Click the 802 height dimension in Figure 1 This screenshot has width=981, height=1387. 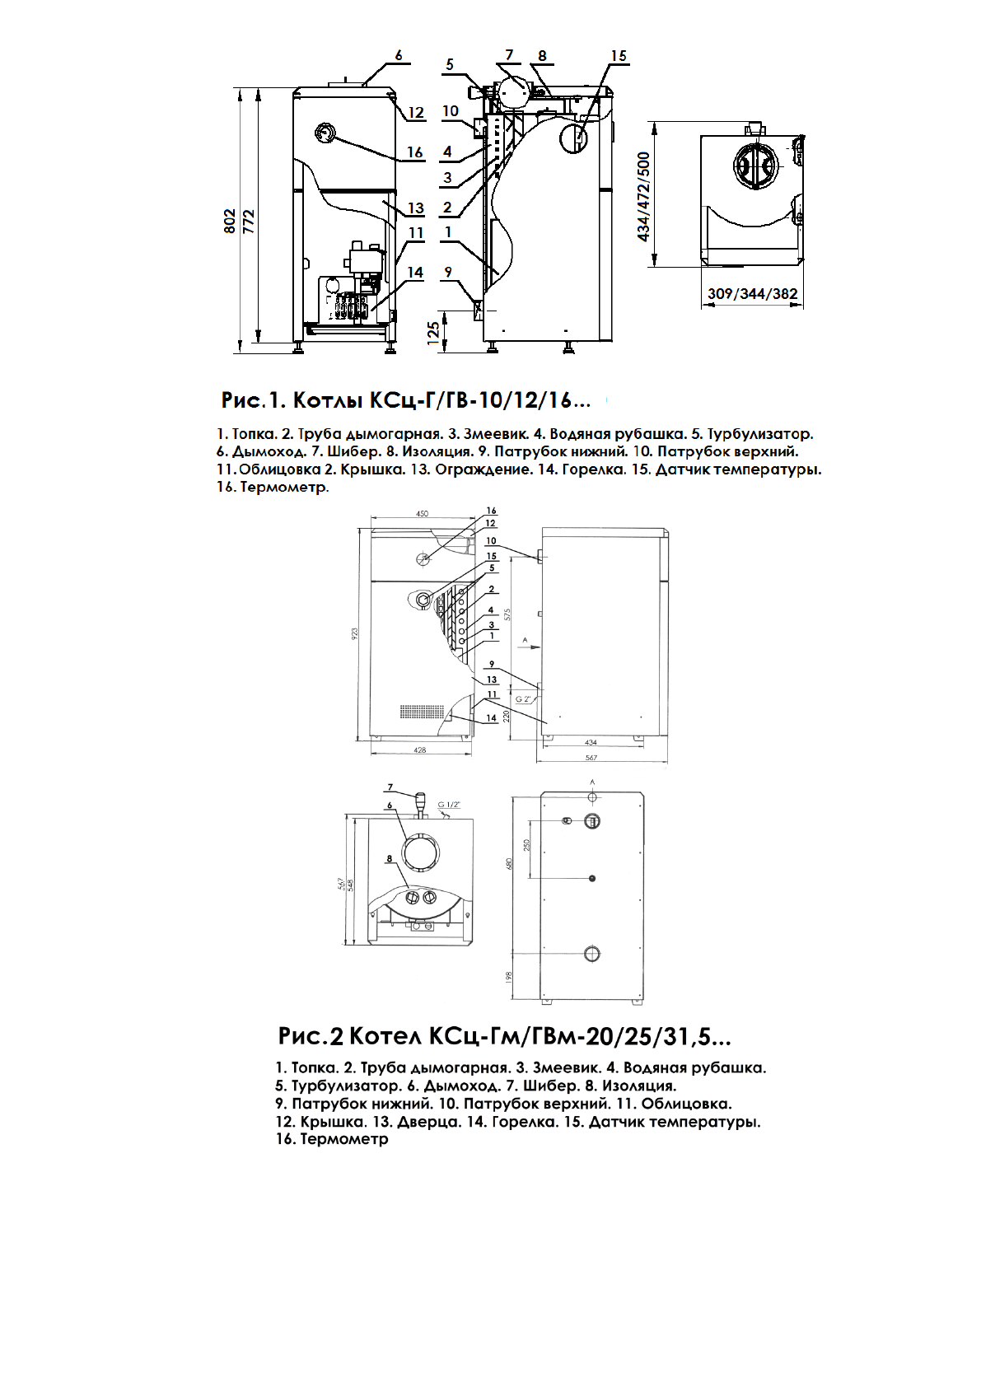231,221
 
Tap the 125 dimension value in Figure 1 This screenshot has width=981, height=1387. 433,333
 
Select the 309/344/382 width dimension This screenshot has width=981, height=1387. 752,294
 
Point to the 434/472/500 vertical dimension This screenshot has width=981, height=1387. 644,196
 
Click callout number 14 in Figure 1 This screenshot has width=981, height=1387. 415,273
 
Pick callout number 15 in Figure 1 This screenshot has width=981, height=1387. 619,56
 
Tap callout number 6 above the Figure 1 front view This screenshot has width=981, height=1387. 399,56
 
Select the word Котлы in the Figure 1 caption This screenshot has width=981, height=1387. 328,400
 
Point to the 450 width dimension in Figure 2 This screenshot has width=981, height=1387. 422,514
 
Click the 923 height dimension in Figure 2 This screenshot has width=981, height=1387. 356,633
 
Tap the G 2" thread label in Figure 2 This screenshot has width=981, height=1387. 523,698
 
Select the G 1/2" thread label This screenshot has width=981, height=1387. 449,805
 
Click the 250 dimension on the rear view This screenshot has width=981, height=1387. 527,845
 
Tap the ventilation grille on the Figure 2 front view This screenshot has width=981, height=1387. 416,710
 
